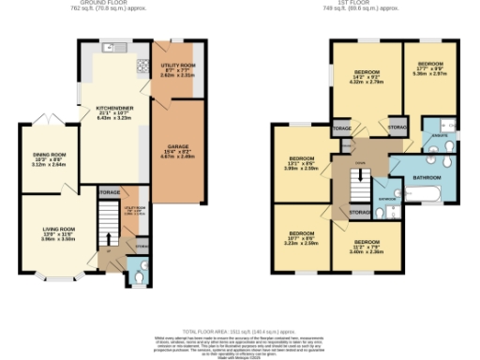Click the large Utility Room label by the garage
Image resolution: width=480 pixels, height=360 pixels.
[175, 69]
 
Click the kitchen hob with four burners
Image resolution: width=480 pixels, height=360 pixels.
[142, 66]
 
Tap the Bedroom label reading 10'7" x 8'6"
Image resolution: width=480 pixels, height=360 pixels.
[302, 236]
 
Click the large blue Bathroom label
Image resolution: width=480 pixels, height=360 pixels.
[427, 177]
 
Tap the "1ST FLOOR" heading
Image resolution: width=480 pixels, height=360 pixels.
[356, 4]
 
